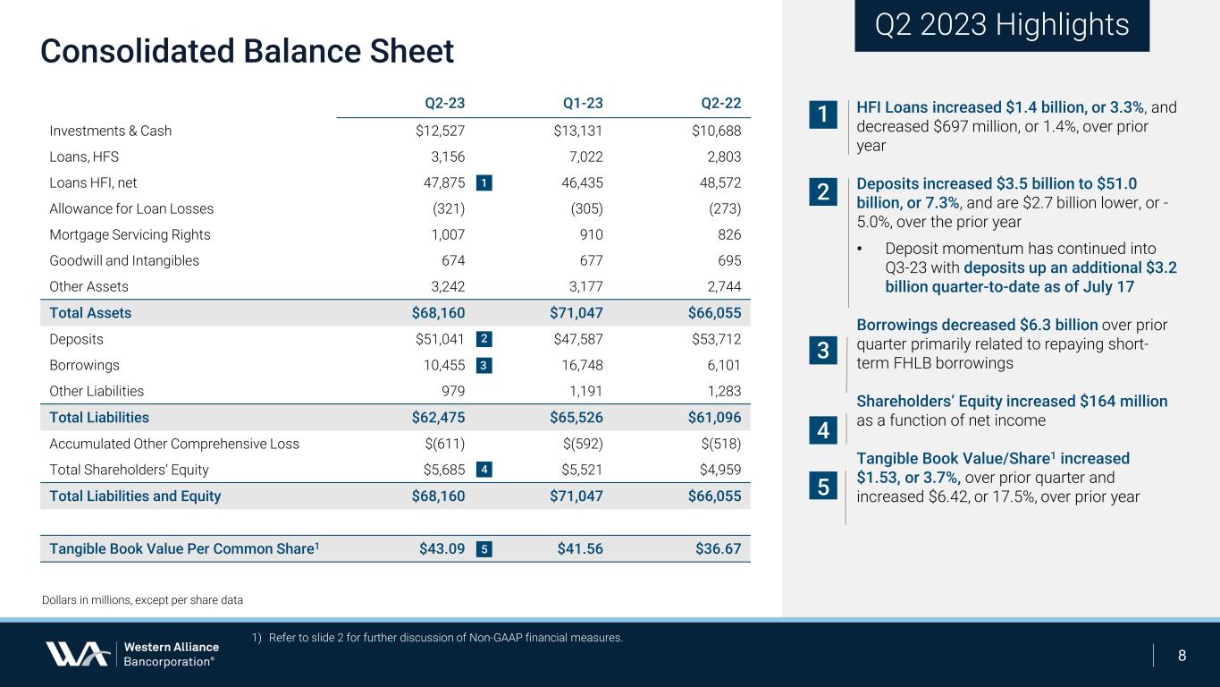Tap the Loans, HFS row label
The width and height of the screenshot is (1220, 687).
[84, 157]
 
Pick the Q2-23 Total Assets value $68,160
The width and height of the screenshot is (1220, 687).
[433, 313]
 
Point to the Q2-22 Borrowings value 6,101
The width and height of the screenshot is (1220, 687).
[721, 365]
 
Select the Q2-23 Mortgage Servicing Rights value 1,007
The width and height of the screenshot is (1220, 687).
[444, 235]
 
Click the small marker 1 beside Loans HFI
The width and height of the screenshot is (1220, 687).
[483, 183]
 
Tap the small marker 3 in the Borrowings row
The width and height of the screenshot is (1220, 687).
[483, 365]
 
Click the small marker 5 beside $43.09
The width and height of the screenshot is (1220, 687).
[483, 549]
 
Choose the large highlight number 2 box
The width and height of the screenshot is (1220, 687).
[822, 191]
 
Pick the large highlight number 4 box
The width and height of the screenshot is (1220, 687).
[822, 432]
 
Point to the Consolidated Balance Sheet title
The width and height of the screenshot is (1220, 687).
[247, 51]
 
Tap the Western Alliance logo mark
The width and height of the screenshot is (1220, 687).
[78, 654]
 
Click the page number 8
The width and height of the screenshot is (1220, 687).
[1182, 655]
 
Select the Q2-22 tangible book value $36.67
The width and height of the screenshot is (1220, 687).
[718, 548]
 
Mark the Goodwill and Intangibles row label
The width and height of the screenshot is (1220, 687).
[124, 261]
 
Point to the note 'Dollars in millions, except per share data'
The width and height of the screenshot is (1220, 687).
[142, 599]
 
